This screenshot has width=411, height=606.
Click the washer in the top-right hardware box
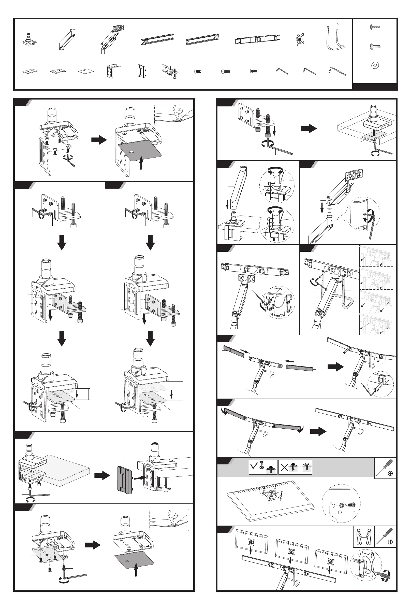tap(375, 65)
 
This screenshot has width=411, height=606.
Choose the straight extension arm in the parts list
tap(67, 39)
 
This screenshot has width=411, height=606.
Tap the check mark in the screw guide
tap(254, 466)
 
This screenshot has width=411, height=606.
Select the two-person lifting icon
tap(363, 536)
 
